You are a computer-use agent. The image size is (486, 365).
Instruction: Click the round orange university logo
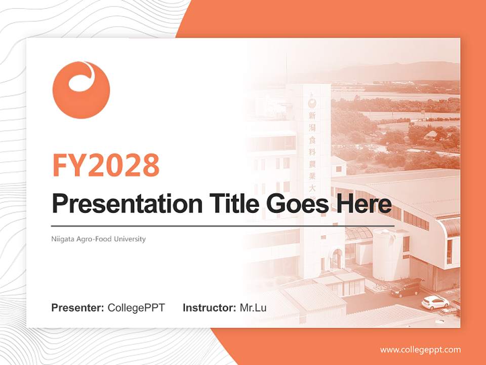click(x=81, y=90)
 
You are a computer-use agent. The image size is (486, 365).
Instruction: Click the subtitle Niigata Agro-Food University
click(x=98, y=239)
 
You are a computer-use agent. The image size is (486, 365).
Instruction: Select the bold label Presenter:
click(x=78, y=308)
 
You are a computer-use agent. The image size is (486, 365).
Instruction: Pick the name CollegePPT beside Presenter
click(x=136, y=308)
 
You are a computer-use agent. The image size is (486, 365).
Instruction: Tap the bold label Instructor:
click(x=209, y=308)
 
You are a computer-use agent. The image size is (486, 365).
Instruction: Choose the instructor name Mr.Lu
click(x=253, y=308)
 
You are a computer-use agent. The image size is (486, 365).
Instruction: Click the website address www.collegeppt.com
click(x=420, y=350)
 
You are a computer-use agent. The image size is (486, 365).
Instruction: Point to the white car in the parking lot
click(x=435, y=303)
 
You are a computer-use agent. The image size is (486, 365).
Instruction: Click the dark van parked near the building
click(x=406, y=288)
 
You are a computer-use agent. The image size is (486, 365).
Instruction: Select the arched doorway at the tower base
click(x=336, y=259)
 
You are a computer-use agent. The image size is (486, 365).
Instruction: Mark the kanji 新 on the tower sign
click(x=312, y=116)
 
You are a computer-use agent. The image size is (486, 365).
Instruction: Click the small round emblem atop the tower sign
click(x=311, y=102)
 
